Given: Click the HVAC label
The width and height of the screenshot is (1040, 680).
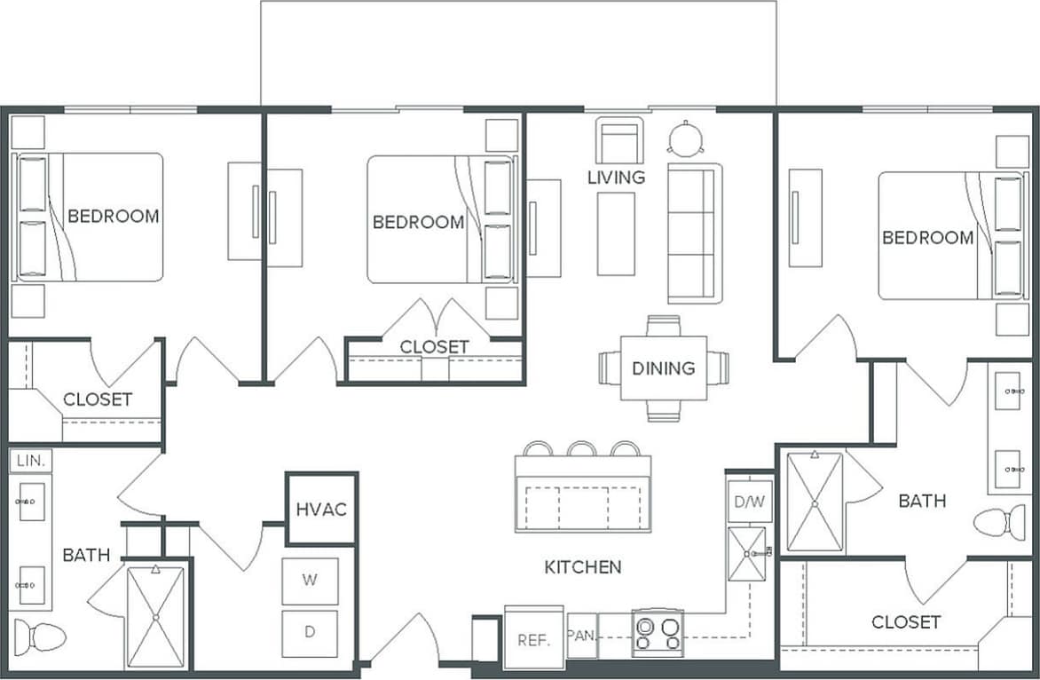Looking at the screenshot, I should coord(321,510).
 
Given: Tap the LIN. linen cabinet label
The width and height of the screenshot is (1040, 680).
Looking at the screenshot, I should coord(30,461).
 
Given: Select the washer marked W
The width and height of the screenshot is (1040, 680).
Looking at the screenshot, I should coord(310,581).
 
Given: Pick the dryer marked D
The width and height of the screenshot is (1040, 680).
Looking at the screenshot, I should coord(310,632).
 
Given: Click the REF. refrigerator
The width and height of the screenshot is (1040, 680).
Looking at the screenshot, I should coord(533,638).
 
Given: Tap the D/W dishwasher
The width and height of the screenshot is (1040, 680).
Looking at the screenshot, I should coord(749,502).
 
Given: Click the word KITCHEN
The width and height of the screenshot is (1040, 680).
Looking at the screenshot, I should coord(583,566).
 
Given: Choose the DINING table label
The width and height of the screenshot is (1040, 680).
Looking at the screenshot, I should coord(663,368).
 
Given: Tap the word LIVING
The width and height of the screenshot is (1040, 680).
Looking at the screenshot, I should coord(616,178).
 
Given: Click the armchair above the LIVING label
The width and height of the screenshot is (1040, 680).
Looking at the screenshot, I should coord(618,141).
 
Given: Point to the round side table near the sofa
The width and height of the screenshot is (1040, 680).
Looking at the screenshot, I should coord(686,138).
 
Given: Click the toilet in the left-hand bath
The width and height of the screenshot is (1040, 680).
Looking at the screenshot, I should coord(39,637).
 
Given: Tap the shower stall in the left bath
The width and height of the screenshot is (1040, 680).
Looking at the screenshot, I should coord(155,617).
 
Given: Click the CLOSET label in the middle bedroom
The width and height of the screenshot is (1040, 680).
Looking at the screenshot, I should coord(434,347).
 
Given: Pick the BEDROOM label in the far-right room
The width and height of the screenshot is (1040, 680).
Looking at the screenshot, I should coord(927,238).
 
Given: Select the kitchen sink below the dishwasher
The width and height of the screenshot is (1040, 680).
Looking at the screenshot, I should coord(746,554).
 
